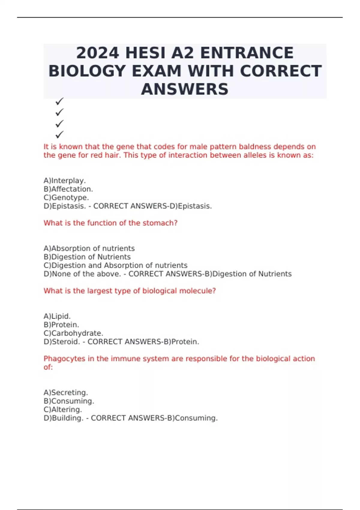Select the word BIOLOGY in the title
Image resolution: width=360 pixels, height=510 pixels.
point(87,71)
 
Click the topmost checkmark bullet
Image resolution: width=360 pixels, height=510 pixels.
point(59,101)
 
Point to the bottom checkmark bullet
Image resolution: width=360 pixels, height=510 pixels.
point(59,134)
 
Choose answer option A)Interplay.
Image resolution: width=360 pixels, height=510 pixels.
point(65,181)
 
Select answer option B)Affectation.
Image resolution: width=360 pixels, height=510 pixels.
point(68,189)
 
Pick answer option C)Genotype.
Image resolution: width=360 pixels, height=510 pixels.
point(66,198)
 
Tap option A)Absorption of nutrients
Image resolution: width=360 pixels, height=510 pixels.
point(89,248)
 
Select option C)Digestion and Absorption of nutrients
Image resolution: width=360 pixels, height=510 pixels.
point(115,265)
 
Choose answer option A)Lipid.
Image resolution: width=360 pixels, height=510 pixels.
point(57,316)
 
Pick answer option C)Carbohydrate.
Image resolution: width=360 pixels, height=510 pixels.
point(73,333)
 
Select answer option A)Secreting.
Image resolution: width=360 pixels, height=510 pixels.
point(66,392)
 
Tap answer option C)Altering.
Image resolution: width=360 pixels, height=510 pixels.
point(63,409)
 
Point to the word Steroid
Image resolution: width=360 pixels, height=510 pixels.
point(66,342)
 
